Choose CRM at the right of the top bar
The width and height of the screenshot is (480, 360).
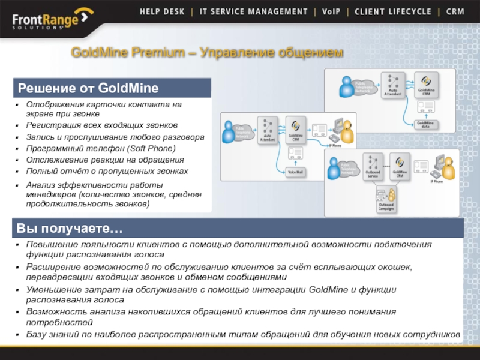pos(455,11)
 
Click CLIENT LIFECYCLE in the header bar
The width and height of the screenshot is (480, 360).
pos(392,11)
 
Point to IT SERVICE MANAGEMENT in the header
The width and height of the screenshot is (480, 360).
pos(254,11)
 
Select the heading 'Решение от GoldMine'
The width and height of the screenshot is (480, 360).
pos(88,89)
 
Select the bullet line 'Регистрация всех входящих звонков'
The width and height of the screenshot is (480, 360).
pos(102,125)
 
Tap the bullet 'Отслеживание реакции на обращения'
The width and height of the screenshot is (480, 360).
pos(105,160)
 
